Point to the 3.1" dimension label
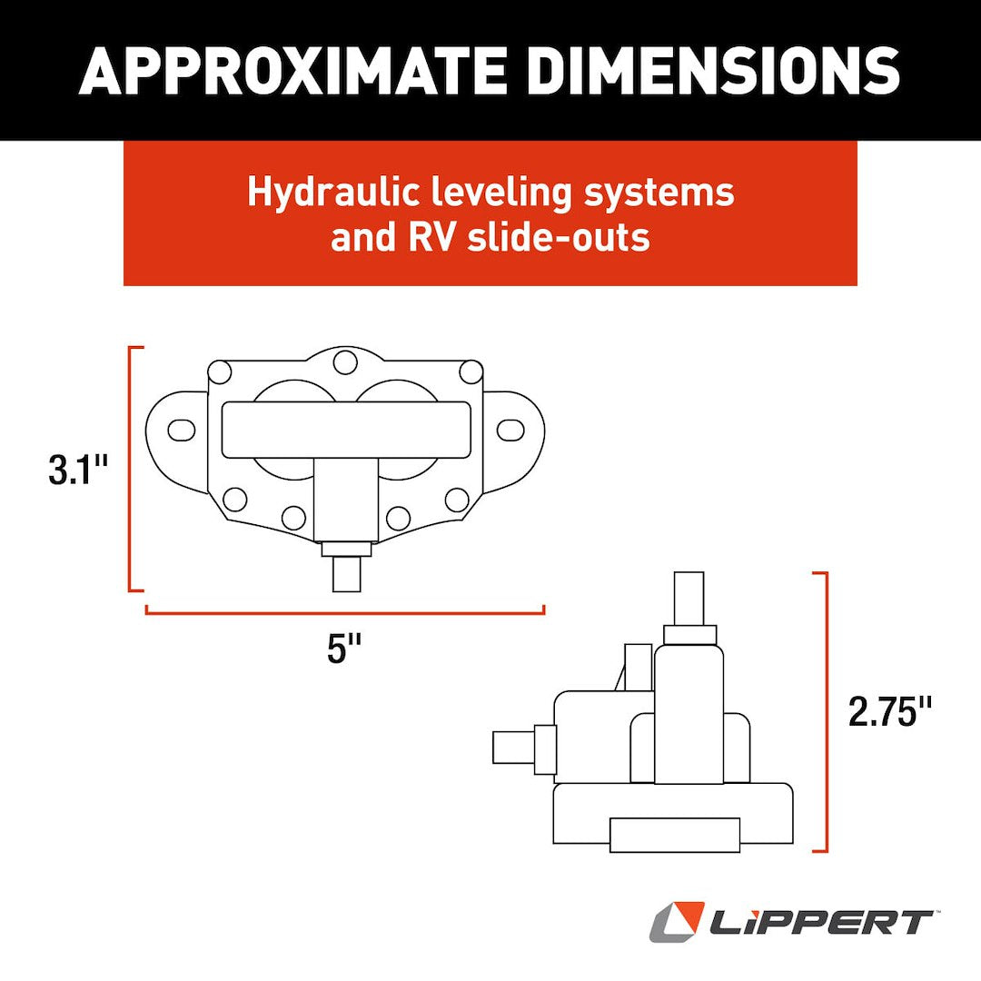(78, 471)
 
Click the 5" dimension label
(344, 649)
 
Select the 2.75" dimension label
(890, 711)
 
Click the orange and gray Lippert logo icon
(677, 921)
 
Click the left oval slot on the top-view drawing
(181, 429)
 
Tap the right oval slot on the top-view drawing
(510, 429)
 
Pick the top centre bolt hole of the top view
(344, 362)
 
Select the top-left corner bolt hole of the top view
(219, 372)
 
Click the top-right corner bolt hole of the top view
(471, 372)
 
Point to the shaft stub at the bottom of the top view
(346, 573)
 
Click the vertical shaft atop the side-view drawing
(689, 598)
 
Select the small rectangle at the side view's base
(674, 835)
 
